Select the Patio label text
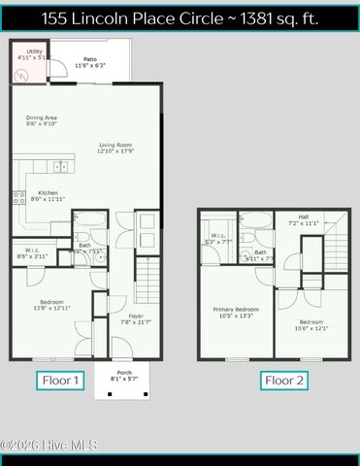[89, 62]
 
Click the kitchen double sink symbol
[61, 166]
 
